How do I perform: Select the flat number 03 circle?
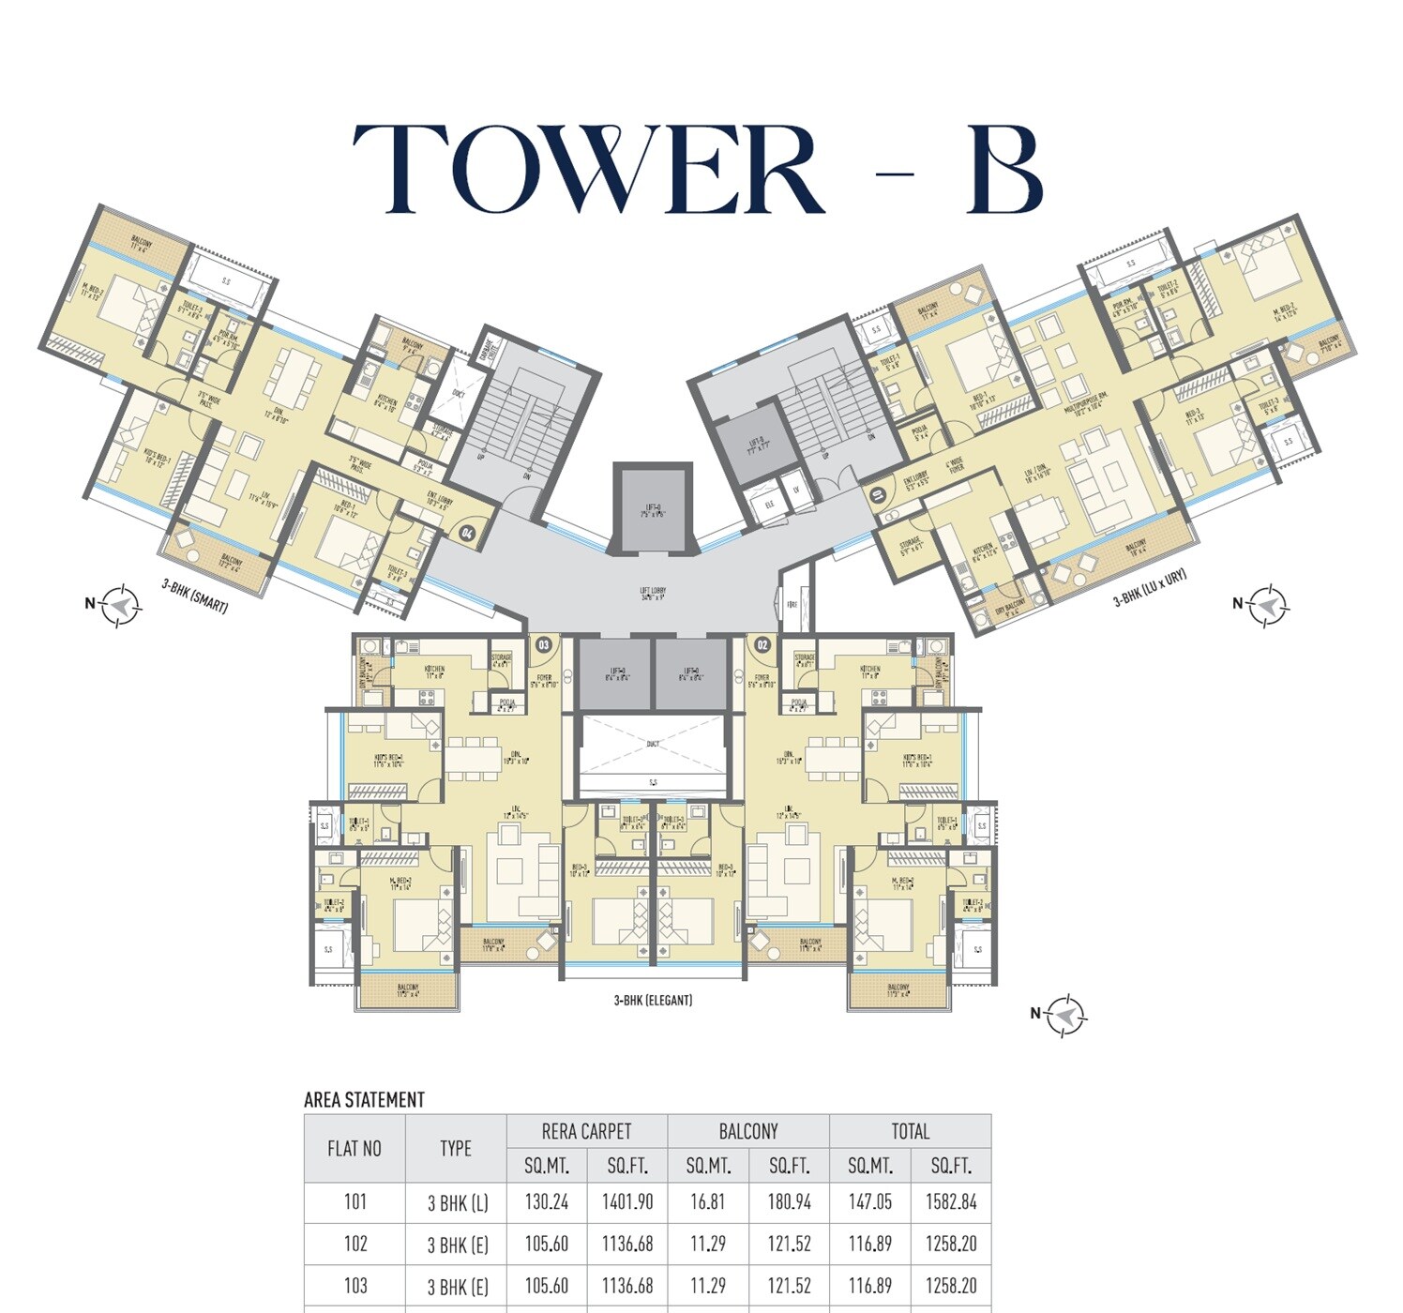[x=544, y=644]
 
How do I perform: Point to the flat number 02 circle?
[x=762, y=644]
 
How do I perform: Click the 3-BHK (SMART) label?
[x=195, y=596]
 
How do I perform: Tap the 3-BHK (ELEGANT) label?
[x=653, y=1001]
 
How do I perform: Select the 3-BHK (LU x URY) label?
[x=1150, y=588]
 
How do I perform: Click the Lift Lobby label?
[x=653, y=594]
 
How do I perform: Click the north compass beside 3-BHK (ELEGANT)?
[x=1064, y=1014]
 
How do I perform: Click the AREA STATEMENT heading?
[x=364, y=1100]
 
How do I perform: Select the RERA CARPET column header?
[x=586, y=1131]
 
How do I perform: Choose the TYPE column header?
[x=456, y=1148]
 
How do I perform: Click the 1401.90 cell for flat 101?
[x=627, y=1201]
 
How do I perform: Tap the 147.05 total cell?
[x=869, y=1201]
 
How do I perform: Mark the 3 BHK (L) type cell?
[x=457, y=1202]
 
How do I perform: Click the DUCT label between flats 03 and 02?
[x=653, y=744]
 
